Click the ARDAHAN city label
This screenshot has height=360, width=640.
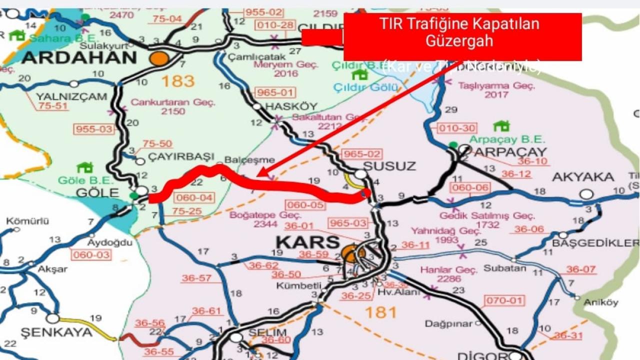[x=79, y=57]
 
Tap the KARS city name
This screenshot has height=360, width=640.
[x=307, y=242]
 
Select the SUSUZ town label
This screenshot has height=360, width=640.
[x=382, y=165]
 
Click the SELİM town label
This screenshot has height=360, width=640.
[x=267, y=332]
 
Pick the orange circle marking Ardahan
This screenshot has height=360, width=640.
[x=159, y=58]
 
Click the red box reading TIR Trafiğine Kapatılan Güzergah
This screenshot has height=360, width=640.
[x=462, y=37]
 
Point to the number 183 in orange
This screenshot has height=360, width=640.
[x=177, y=80]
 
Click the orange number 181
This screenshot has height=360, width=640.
[x=380, y=312]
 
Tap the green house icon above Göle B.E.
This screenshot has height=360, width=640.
[x=84, y=167]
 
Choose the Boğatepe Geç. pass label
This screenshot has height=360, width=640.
[x=257, y=215]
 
